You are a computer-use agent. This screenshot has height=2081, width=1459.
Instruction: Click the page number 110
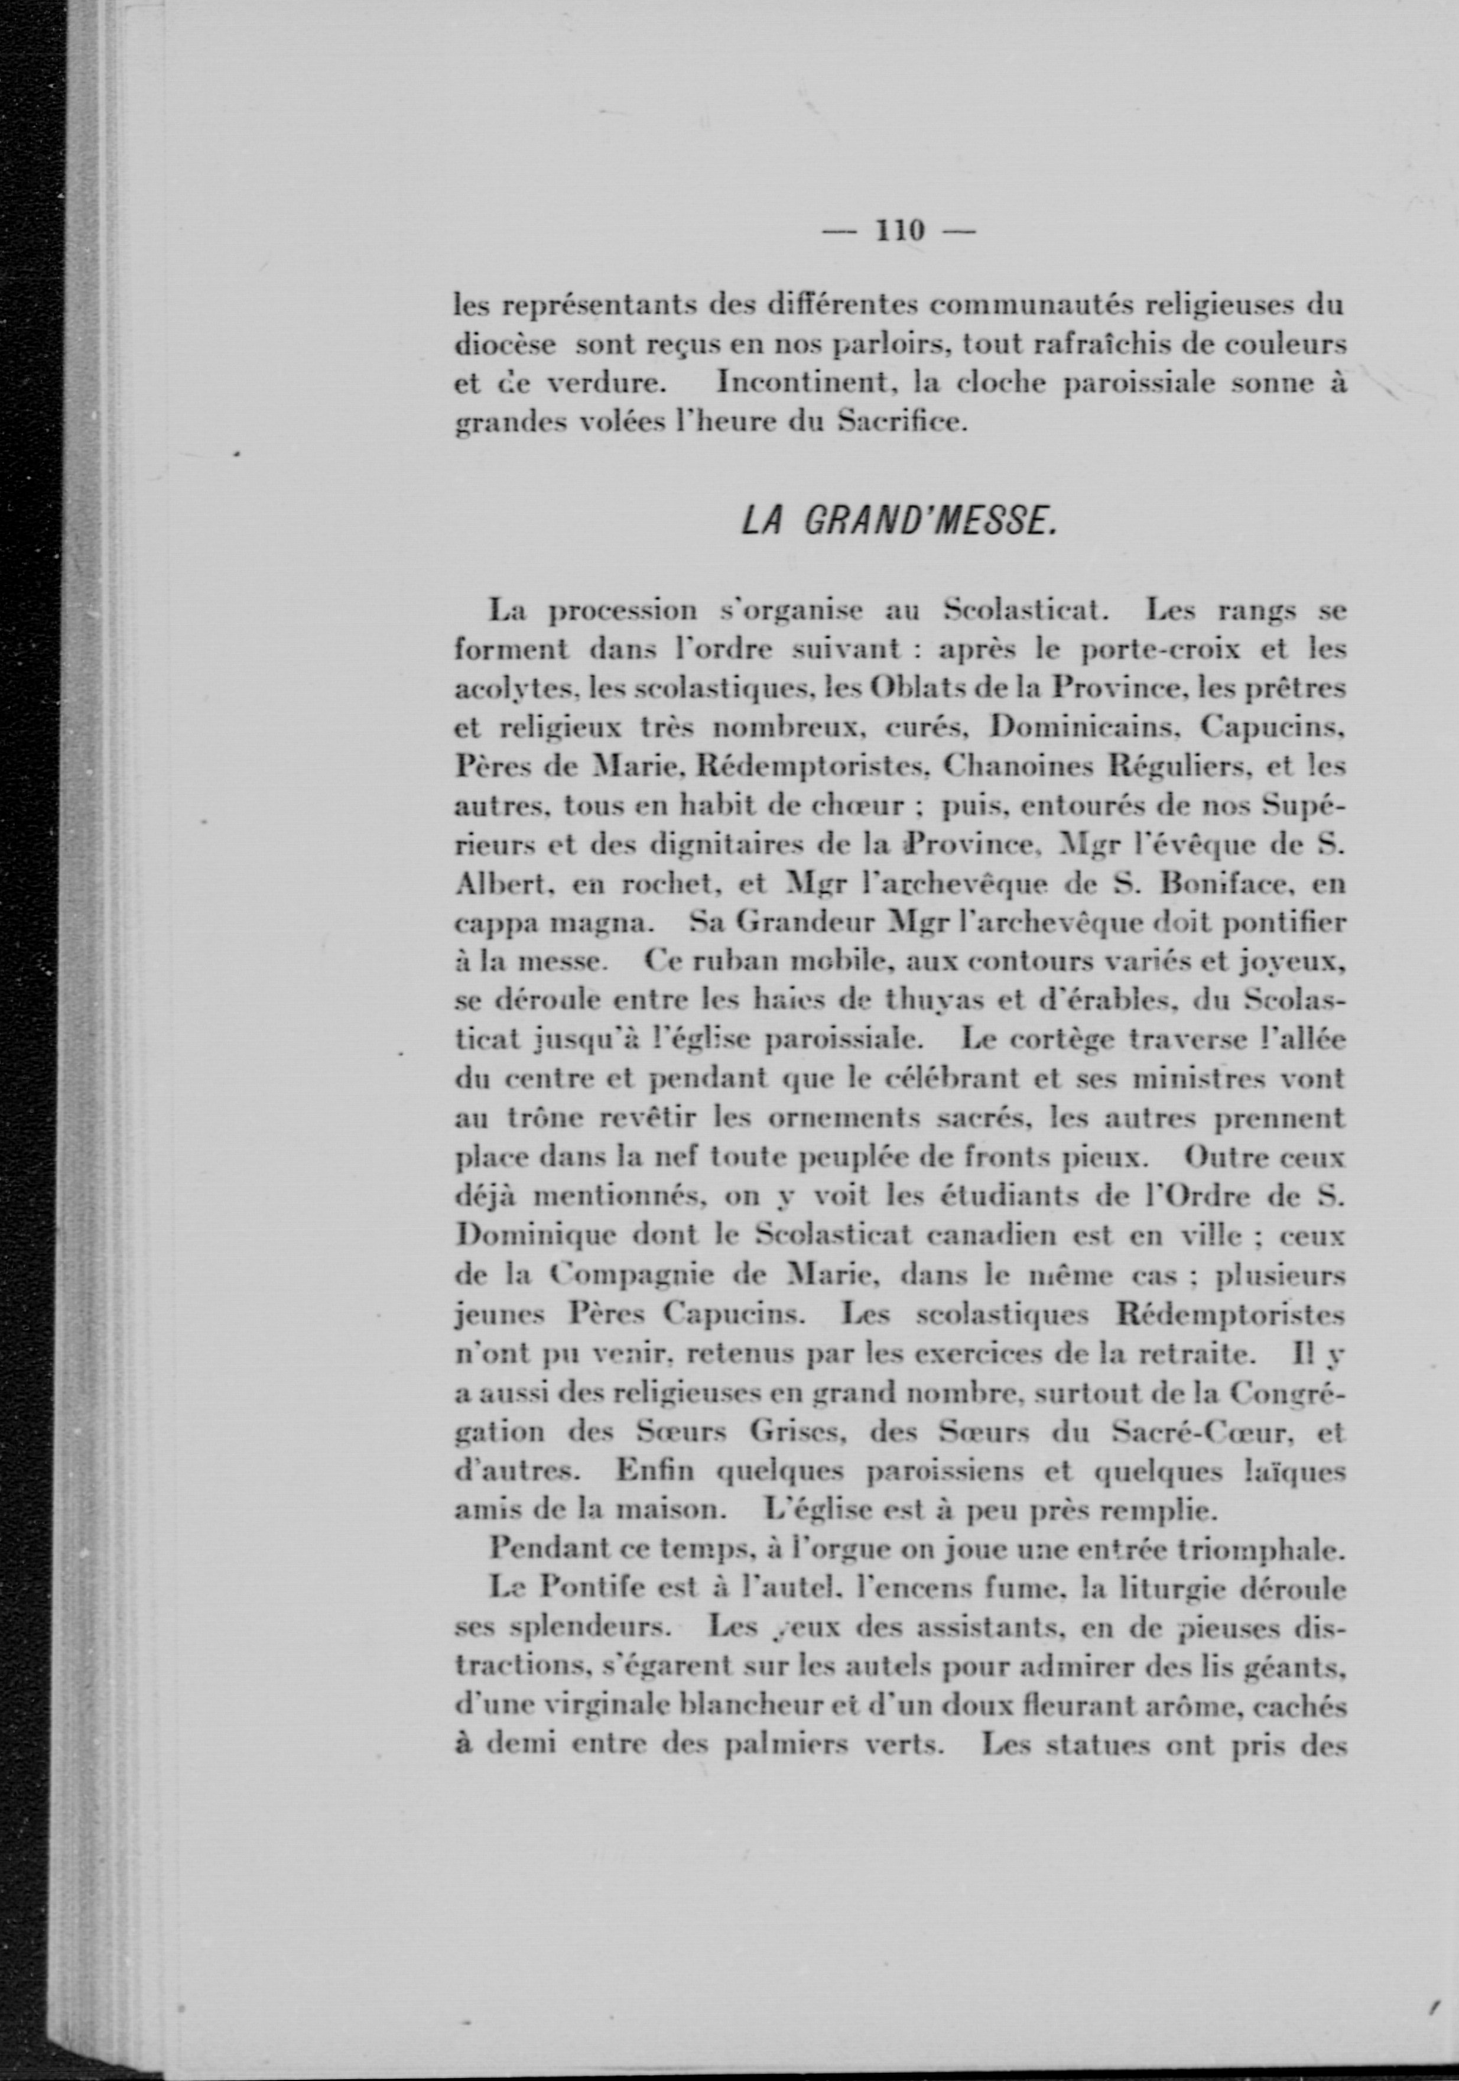pyautogui.click(x=898, y=231)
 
